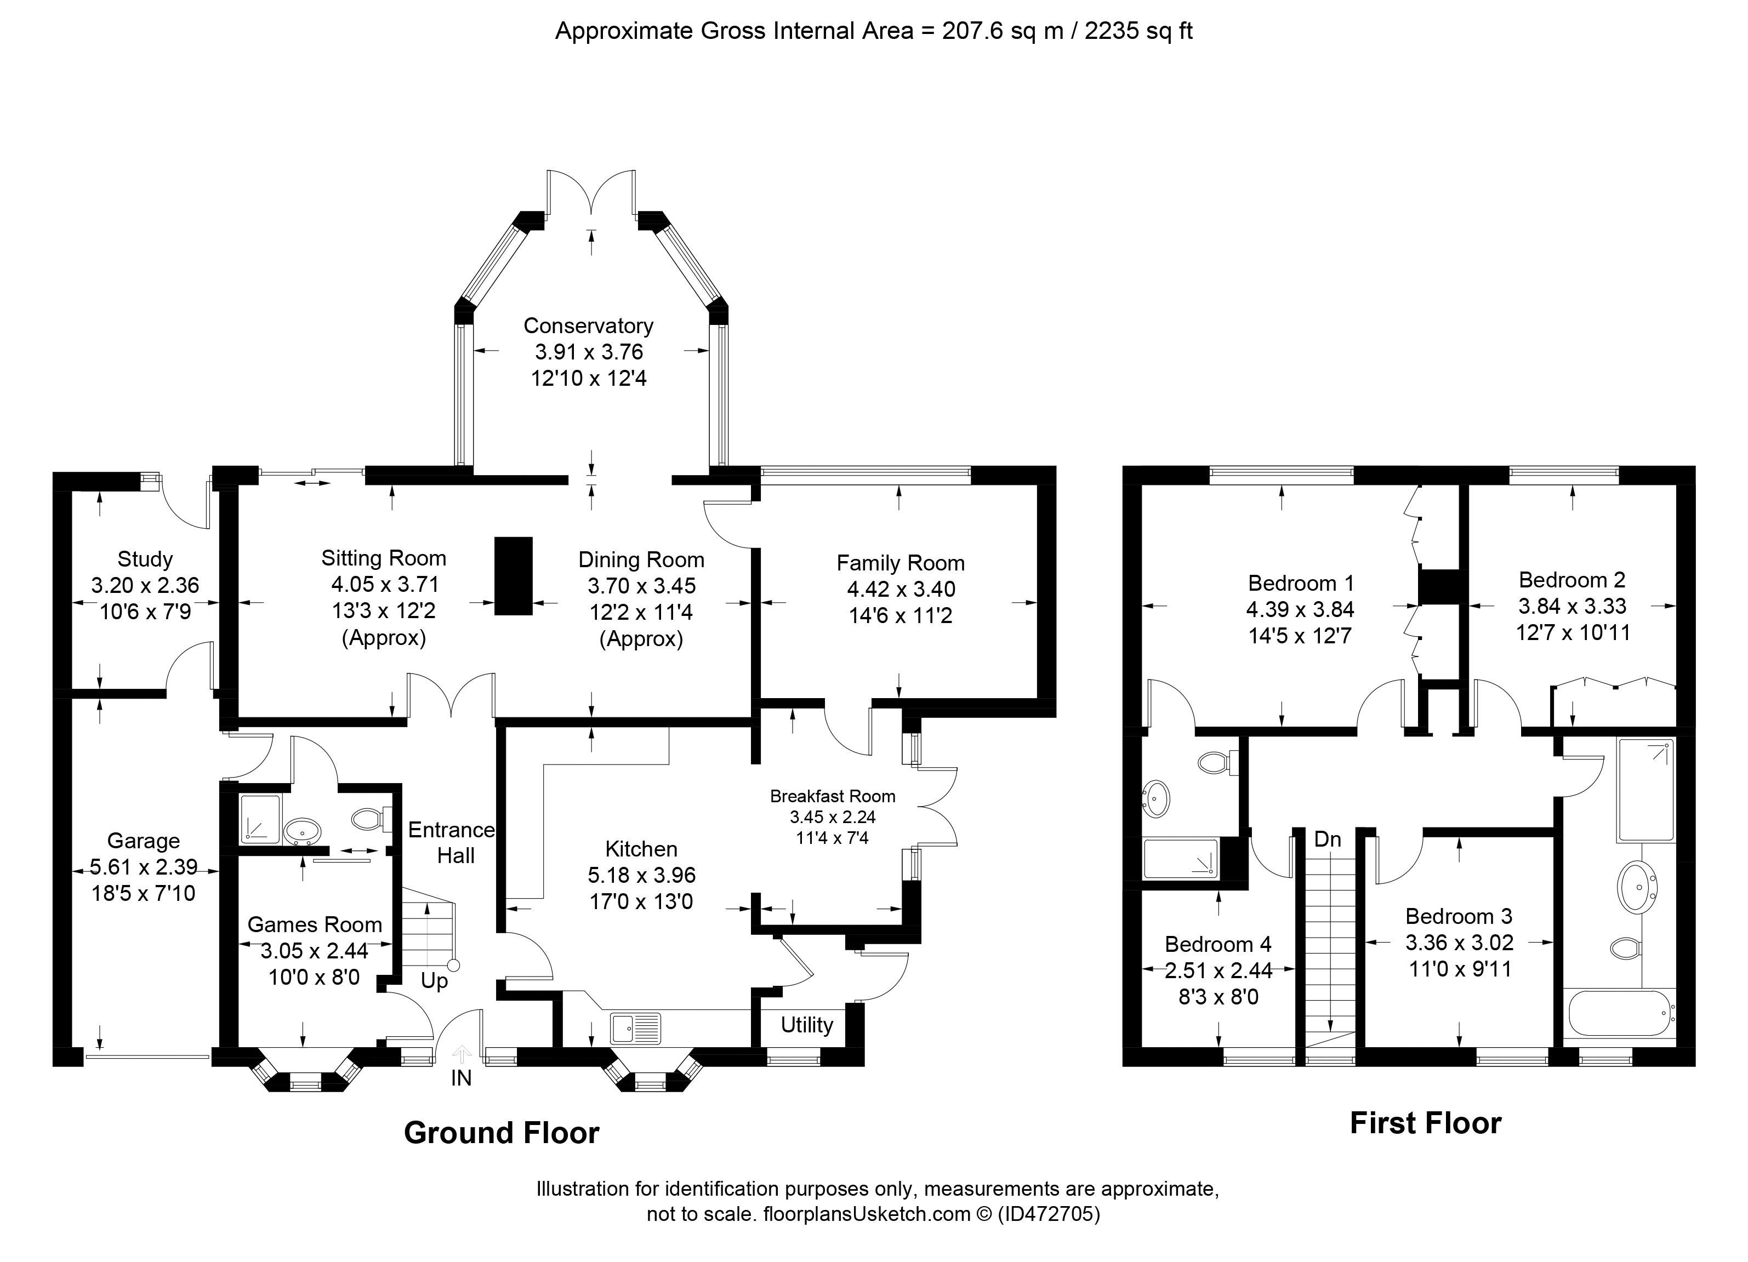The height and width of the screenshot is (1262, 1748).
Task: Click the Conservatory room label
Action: [x=588, y=326]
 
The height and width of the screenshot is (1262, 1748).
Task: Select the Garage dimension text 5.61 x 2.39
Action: [x=144, y=867]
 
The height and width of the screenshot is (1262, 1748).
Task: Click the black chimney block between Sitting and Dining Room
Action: [x=513, y=575]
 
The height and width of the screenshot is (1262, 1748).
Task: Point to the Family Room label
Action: [x=900, y=563]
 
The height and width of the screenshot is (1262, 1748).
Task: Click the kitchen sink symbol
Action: [x=636, y=1028]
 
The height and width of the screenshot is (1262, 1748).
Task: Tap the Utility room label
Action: [x=806, y=1025]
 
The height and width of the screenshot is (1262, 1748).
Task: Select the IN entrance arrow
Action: [x=462, y=1054]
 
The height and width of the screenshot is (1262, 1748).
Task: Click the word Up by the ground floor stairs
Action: [x=434, y=981]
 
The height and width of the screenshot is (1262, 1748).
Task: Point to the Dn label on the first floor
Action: [x=1327, y=839]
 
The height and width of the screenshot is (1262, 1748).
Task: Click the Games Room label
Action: [x=315, y=924]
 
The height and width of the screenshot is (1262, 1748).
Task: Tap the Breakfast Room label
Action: [x=833, y=796]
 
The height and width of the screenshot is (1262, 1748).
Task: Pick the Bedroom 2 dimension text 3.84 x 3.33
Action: [x=1572, y=607]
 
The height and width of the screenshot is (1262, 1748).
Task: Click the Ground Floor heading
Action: [x=501, y=1133]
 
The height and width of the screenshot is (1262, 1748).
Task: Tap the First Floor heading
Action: [x=1425, y=1123]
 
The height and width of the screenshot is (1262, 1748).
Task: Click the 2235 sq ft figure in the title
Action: [x=1138, y=31]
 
